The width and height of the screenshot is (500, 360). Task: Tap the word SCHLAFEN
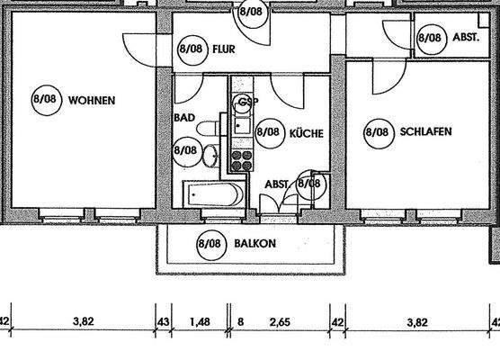(426, 131)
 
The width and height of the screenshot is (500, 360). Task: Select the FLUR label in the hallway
(225, 50)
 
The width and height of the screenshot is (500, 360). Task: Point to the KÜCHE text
(306, 132)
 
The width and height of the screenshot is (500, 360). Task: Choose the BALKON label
(255, 243)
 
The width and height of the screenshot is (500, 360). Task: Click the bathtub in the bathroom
(211, 193)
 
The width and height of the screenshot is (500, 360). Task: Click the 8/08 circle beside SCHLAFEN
(377, 132)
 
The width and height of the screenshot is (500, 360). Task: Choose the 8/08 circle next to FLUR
(192, 49)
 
